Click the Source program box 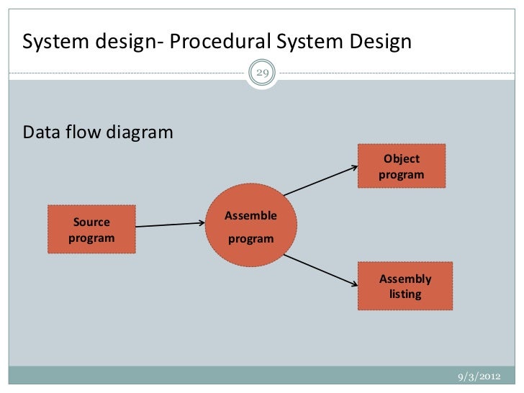91,229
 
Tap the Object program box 401,166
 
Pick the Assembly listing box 405,286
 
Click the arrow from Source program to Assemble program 171,225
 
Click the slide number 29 262,73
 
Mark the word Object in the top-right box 402,159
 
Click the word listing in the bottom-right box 405,294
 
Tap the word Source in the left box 91,222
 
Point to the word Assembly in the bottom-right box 405,279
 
